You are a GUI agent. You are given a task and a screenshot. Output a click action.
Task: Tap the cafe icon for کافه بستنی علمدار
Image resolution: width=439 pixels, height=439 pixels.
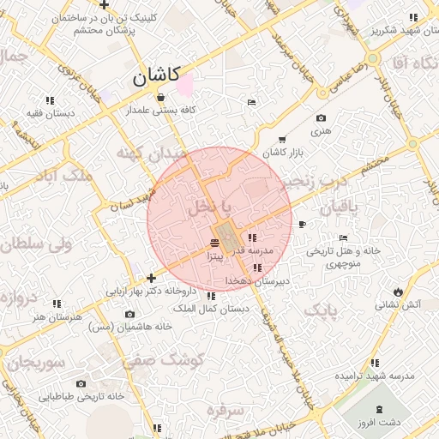160,97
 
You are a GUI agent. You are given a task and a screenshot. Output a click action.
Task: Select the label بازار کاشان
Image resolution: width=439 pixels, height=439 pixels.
285,152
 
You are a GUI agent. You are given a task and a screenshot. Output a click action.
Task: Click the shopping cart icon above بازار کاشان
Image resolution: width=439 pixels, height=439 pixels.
282,139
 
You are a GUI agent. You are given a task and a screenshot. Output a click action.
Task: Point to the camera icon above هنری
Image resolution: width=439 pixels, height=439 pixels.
321,118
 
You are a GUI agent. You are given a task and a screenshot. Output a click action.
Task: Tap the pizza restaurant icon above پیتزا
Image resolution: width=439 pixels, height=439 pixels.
214,244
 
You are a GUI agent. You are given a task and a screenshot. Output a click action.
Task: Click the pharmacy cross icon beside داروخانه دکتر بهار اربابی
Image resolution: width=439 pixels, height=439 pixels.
151,278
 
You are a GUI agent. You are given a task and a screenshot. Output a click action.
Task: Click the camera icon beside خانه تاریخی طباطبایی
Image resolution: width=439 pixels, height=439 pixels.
81,383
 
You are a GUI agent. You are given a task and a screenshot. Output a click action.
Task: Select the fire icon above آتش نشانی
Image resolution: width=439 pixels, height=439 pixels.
399,291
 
